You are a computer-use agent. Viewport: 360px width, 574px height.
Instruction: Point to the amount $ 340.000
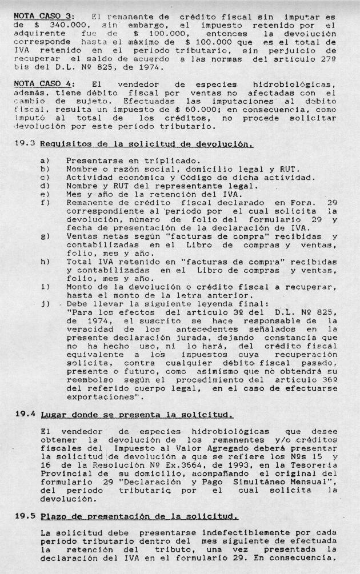[x=46, y=26]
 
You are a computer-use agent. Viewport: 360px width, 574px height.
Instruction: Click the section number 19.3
[x=26, y=144]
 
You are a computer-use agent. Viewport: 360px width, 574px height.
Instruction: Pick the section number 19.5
[x=26, y=516]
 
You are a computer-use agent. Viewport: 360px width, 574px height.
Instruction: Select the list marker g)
[x=45, y=235]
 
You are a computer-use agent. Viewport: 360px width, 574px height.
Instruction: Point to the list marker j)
[x=45, y=303]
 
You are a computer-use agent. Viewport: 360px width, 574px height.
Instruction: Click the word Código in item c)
[x=211, y=178]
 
